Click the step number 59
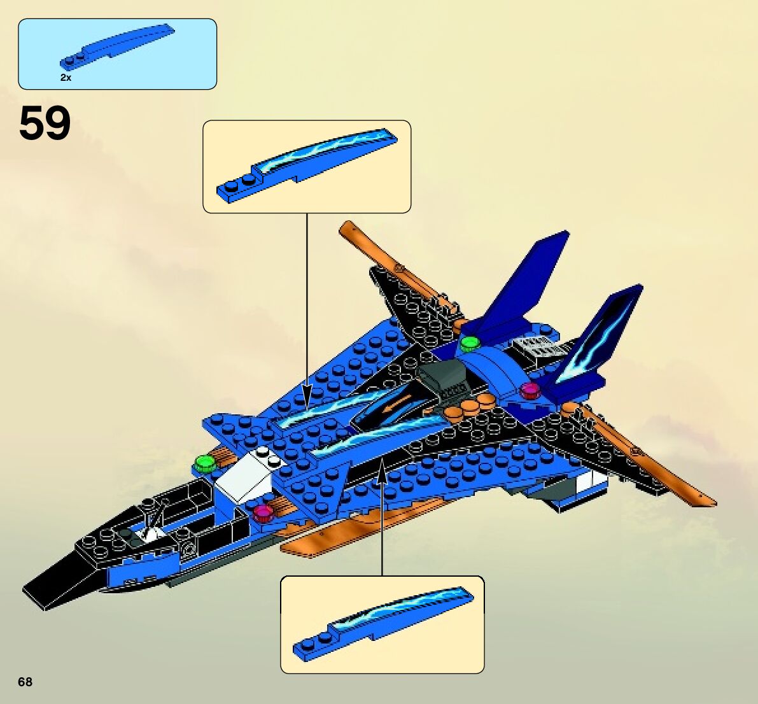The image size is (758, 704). click(45, 124)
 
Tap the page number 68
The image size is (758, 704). click(25, 682)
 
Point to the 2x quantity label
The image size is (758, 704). click(66, 77)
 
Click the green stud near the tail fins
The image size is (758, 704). click(470, 344)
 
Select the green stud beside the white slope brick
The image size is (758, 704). click(204, 463)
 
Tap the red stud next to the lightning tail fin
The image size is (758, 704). click(529, 390)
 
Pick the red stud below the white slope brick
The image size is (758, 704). click(262, 512)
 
